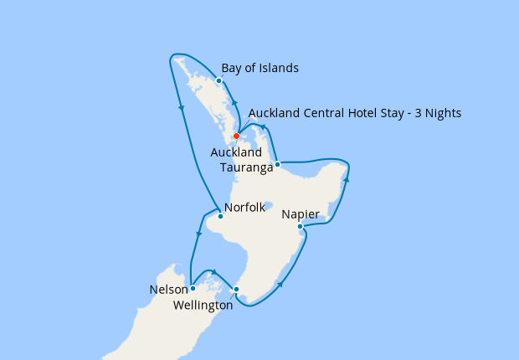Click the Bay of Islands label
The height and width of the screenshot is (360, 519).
tap(259, 69)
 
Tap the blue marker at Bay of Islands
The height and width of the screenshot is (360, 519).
tap(218, 81)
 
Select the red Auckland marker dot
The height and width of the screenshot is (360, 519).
tap(236, 136)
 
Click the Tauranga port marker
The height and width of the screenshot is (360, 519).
tap(277, 164)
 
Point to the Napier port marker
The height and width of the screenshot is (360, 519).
tap(300, 226)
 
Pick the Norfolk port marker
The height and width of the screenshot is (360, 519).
tap(219, 217)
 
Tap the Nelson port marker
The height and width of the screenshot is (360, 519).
tap(193, 288)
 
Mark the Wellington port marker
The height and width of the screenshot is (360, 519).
tap(236, 290)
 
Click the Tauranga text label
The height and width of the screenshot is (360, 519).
tap(247, 167)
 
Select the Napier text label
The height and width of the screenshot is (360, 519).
tap(300, 214)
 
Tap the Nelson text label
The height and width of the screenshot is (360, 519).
tap(168, 290)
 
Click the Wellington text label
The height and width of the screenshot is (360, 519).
tap(203, 306)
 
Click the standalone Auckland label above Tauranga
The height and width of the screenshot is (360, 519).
tap(236, 153)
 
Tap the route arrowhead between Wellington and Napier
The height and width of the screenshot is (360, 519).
tap(279, 285)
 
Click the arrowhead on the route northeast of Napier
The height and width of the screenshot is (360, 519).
tap(346, 180)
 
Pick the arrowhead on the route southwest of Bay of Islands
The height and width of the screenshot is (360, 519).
tap(181, 107)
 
